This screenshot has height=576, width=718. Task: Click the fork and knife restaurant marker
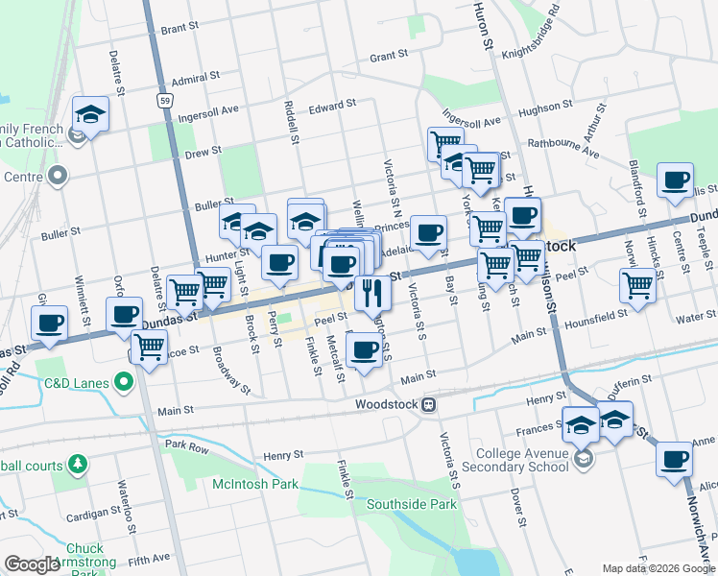(372, 293)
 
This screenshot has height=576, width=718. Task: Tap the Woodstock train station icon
(432, 404)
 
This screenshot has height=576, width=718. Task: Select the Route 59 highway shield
(165, 100)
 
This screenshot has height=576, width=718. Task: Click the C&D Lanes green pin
(123, 383)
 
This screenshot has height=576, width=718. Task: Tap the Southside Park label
(414, 503)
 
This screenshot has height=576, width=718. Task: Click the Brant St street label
(179, 30)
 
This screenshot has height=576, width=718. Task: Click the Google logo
(32, 564)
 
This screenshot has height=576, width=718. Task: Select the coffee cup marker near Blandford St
(675, 180)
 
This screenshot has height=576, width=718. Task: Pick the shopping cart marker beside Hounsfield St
(638, 285)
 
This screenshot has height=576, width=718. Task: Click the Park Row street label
(186, 445)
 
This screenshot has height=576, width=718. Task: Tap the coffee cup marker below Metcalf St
(364, 351)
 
